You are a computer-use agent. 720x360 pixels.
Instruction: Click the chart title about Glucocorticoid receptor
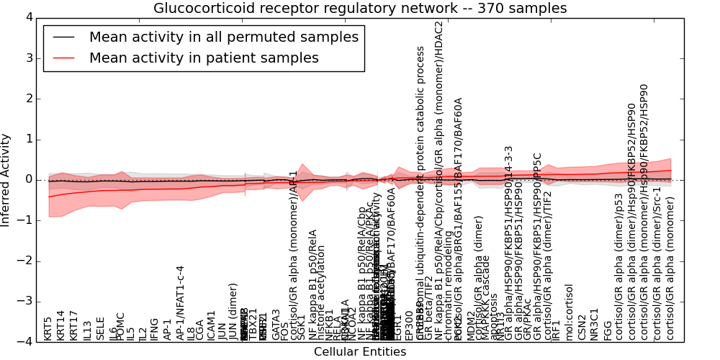360,9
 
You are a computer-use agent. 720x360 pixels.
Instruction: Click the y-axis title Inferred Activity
6,179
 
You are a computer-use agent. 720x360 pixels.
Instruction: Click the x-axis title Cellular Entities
360,352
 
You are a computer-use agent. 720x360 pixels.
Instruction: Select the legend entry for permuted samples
223,37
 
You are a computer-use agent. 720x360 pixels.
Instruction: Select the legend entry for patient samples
204,58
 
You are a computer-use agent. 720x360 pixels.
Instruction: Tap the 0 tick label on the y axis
28,179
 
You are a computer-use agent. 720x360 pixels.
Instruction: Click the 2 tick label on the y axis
28,99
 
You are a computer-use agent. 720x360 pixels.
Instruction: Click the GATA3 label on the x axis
276,325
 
